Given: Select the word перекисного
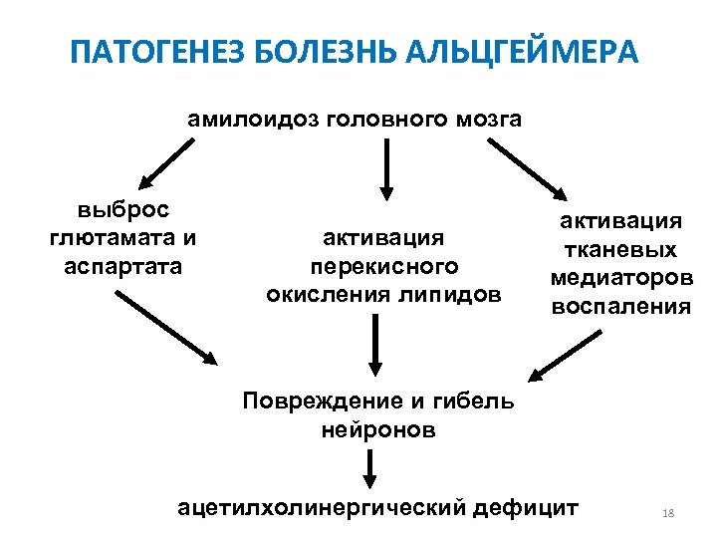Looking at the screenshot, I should [383, 266].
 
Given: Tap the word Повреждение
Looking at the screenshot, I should [318, 403].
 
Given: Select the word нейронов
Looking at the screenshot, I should [378, 430].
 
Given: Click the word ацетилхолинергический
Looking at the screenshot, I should [320, 507].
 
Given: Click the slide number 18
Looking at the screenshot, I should [667, 513].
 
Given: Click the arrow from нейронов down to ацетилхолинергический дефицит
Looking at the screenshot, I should [370, 467].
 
